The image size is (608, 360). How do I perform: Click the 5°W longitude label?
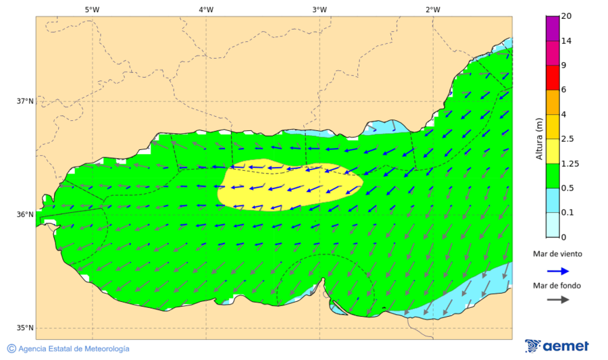coord(93,9)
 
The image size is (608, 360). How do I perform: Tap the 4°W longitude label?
coord(206,9)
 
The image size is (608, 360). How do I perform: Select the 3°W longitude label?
coord(320,9)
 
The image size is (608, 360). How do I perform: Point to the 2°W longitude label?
coord(433,9)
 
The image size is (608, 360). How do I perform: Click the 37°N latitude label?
coord(25,101)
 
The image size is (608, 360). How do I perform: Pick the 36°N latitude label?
coord(25,215)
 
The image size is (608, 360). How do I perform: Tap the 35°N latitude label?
coord(25,328)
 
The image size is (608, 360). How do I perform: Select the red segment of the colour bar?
coord(552,77)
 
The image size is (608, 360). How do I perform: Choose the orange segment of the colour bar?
coord(552,102)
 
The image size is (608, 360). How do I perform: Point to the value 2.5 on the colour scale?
coord(567,139)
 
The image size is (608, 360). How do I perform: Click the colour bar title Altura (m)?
coord(539,138)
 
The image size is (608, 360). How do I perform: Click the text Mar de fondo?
coord(557,285)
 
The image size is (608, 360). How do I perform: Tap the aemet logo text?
coord(566,346)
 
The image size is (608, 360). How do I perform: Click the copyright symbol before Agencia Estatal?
coord(11,349)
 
